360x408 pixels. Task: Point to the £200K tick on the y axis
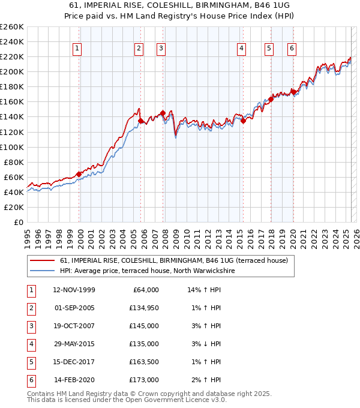pyautogui.click(x=13, y=71)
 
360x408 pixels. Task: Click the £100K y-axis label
pyautogui.click(x=13, y=147)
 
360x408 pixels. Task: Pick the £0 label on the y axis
pyautogui.click(x=19, y=222)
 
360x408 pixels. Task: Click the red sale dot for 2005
pyautogui.click(x=141, y=121)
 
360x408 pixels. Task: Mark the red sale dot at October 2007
pyautogui.click(x=163, y=113)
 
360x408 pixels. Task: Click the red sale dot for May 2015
pyautogui.click(x=244, y=121)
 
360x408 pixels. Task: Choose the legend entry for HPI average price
pyautogui.click(x=148, y=271)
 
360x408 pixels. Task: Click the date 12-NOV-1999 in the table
pyautogui.click(x=74, y=290)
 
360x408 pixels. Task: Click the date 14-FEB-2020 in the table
pyautogui.click(x=74, y=380)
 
